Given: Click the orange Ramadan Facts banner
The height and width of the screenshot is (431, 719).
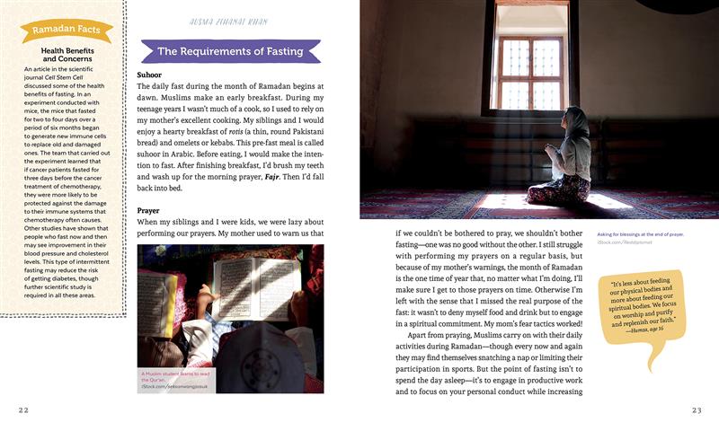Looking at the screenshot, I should tap(67, 31).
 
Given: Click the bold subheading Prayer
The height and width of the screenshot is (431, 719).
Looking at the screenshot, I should tap(148, 210).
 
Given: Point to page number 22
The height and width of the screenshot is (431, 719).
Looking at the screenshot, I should tap(24, 409).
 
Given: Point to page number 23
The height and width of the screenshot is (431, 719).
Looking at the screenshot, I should tap(696, 409).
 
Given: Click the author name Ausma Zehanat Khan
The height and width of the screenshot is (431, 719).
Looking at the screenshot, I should tap(229, 19).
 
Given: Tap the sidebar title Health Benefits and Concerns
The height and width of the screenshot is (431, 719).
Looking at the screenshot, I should tap(67, 55).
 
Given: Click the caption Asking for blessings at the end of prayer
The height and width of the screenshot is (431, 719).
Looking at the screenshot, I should tap(640, 234).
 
